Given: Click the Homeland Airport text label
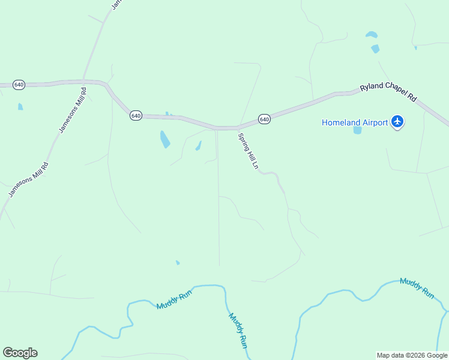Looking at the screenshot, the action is [354, 122].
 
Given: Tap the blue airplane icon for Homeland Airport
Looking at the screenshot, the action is [397, 122].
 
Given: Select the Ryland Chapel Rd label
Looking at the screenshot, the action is [388, 92].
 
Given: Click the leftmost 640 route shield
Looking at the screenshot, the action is [19, 85].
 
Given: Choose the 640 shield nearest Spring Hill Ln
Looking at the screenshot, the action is [265, 119].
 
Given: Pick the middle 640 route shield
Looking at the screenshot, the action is [136, 115].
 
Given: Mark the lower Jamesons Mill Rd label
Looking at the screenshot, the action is [28, 179].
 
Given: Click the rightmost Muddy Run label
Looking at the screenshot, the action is [417, 288].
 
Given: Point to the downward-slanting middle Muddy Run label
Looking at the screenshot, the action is [238, 330].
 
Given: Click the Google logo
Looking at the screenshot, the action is [20, 353].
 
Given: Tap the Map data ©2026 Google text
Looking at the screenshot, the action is [412, 355].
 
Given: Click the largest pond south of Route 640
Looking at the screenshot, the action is [164, 139].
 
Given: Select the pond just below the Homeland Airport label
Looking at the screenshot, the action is [358, 130].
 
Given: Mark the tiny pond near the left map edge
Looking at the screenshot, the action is [20, 107].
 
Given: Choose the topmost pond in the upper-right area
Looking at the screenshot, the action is [372, 35].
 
